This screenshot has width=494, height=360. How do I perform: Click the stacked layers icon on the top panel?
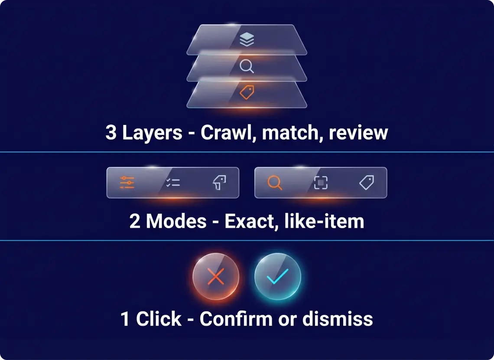[x=247, y=39]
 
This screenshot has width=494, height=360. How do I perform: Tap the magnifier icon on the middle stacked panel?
[x=247, y=66]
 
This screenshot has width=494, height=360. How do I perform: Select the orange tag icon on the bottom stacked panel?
[x=247, y=92]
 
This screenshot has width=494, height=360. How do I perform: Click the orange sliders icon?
[x=127, y=183]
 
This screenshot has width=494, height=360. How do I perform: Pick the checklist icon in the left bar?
[x=173, y=183]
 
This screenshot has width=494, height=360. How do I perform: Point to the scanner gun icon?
[x=219, y=183]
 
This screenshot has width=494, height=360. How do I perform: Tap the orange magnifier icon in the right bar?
[x=275, y=183]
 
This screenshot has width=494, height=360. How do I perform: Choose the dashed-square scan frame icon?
[x=321, y=183]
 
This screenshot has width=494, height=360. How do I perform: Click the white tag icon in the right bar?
[x=367, y=183]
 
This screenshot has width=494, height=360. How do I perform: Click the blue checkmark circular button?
[x=278, y=276]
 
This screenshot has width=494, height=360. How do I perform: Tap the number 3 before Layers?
[x=111, y=132]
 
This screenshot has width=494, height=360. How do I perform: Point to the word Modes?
[x=176, y=221]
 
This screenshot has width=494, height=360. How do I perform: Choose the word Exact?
[x=251, y=222]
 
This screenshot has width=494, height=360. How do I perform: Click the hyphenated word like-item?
[x=325, y=221]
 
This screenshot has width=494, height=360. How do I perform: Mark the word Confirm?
[x=236, y=319]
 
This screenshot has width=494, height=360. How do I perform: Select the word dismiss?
[x=338, y=319]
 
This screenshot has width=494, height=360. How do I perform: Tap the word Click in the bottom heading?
[x=159, y=319]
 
